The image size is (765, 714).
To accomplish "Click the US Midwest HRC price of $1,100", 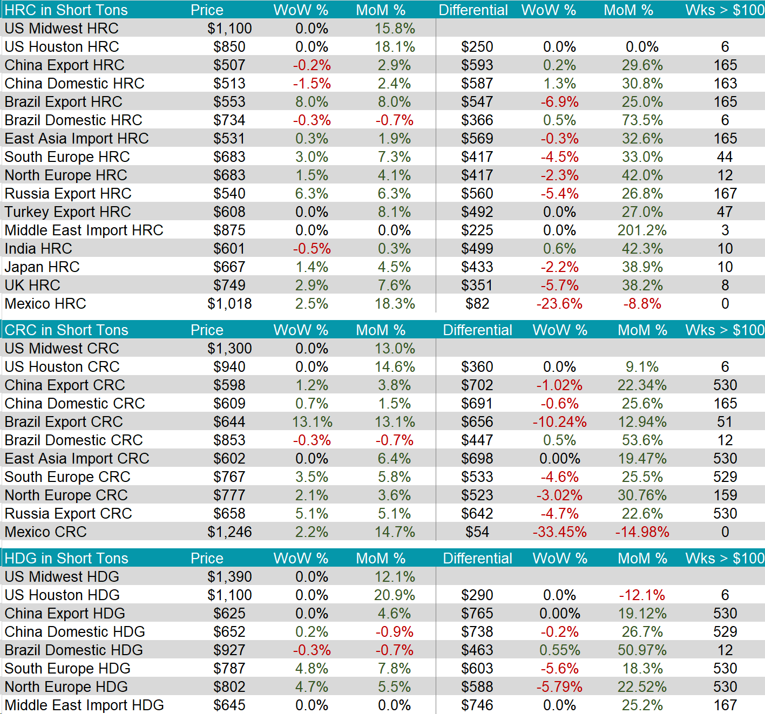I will [229, 29].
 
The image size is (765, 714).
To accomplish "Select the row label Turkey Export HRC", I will [68, 212].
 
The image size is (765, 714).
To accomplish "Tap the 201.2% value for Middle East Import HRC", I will [642, 230].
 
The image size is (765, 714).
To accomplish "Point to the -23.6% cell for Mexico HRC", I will [559, 304].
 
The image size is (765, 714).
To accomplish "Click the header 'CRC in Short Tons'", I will [66, 330].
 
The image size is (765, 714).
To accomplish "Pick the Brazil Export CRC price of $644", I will [229, 422].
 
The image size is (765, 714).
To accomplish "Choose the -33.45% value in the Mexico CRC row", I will [559, 532].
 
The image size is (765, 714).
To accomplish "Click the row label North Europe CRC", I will [66, 495].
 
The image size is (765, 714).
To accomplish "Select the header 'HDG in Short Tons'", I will [66, 558].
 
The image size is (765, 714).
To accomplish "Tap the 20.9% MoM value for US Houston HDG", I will [395, 595].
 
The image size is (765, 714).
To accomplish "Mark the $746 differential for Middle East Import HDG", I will [477, 705].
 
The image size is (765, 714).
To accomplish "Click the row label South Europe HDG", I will [67, 669].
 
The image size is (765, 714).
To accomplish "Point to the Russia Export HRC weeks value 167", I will [725, 194].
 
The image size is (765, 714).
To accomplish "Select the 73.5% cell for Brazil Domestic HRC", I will [642, 120].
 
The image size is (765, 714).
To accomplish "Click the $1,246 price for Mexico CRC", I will [229, 532].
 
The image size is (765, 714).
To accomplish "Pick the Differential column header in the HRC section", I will [473, 10].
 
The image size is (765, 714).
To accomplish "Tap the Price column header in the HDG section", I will [207, 558].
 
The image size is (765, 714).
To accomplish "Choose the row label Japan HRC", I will [42, 267].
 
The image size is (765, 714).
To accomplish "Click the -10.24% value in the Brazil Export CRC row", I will [559, 422].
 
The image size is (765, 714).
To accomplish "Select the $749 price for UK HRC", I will [229, 285].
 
